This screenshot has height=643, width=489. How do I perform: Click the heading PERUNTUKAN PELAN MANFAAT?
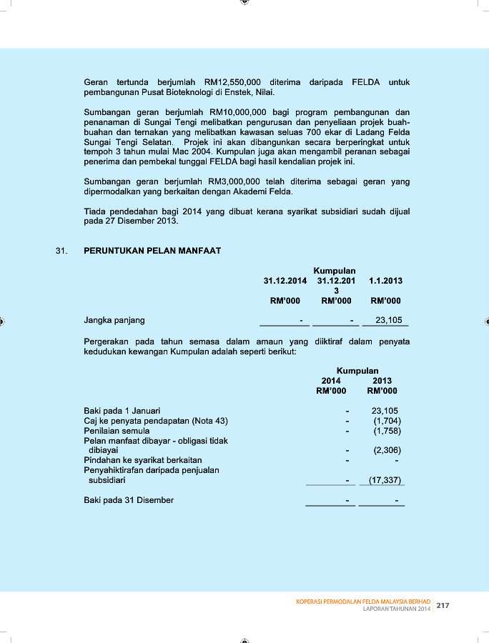point(152,251)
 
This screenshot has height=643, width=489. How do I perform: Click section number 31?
point(61,251)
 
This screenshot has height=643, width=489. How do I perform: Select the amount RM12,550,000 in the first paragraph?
point(232,83)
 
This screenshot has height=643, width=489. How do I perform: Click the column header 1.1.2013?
point(386,281)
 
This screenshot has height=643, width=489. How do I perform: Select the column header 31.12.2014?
point(285,281)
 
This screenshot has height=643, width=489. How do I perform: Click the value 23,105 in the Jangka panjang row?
point(389,320)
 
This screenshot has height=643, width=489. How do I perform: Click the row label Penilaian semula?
point(117,431)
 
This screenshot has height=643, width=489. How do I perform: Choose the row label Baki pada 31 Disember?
point(129,500)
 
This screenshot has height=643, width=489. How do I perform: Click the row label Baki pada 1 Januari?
point(122,411)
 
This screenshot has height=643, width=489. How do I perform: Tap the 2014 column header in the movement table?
point(331,381)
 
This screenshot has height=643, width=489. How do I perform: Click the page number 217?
point(443,605)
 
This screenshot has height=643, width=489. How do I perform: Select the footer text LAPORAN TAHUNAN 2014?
point(397,609)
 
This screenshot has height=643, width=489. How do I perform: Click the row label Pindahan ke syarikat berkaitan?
point(143,460)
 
